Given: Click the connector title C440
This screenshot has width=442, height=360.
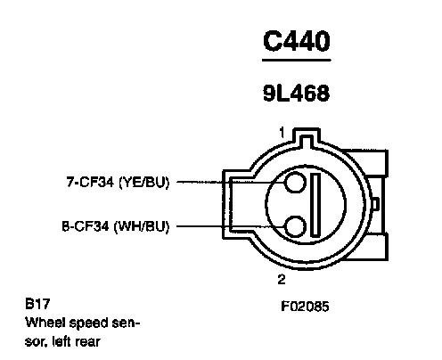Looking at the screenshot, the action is (x=297, y=41).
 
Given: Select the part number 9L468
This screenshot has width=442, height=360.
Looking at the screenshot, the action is (x=297, y=93).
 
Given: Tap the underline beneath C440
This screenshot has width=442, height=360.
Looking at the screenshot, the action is (x=297, y=61).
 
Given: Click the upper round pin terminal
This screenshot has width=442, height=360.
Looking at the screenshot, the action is (x=295, y=182).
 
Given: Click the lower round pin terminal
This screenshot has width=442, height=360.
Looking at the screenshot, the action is (x=295, y=227).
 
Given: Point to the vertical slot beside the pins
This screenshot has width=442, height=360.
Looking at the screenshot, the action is (x=315, y=205).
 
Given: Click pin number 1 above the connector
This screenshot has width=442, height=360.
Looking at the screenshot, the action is (x=282, y=133).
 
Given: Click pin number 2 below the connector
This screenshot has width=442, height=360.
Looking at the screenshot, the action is (x=282, y=279).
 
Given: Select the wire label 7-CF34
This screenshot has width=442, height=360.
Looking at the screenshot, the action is (x=90, y=182).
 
